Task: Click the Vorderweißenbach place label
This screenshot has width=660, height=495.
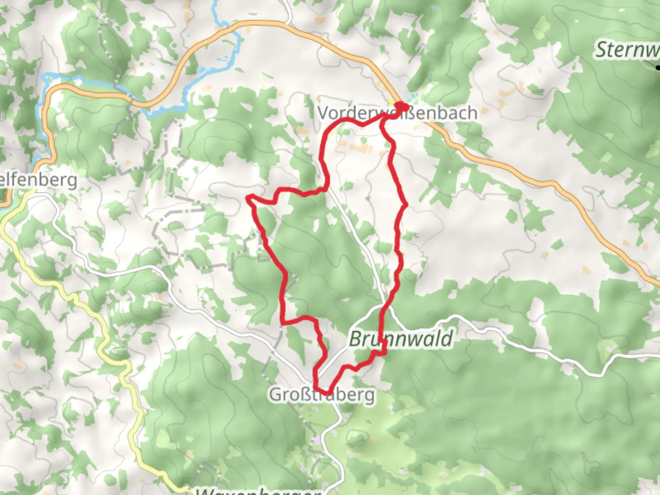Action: click(x=397, y=113)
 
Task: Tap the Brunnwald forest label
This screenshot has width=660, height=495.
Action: click(x=401, y=339)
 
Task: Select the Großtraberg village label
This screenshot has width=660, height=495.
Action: click(x=322, y=394)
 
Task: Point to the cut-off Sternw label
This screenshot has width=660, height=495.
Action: click(x=627, y=49)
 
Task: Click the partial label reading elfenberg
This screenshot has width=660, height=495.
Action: click(x=38, y=180)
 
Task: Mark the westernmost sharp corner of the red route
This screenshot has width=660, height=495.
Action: click(x=248, y=198)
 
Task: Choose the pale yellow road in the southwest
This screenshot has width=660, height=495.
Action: click(x=92, y=312)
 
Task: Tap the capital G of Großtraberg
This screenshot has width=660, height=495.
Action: click(x=275, y=394)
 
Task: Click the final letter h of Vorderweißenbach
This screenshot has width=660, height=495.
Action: click(x=472, y=113)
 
